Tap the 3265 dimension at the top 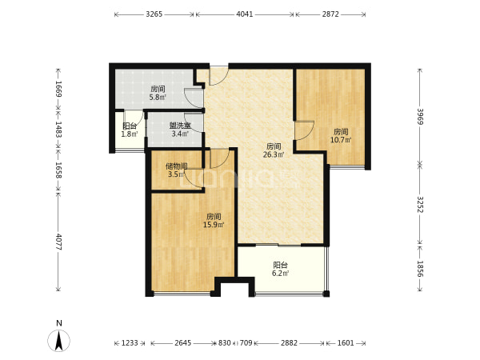coord(154,14)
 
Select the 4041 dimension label coord(245,14)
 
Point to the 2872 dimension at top coord(330,14)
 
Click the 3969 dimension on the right coord(420,116)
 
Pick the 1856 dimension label coord(420,269)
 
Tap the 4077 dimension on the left coord(58,242)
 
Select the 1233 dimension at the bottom coord(130,343)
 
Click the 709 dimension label coord(246,343)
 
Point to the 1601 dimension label coord(346,343)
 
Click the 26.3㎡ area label coord(274,154)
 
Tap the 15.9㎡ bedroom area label coord(214,225)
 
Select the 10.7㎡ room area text coord(341,140)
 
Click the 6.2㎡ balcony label coord(280,273)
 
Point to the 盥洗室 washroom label coord(180,126)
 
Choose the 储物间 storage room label coord(177,166)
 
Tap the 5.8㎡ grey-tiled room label coord(158,98)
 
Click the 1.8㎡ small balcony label coord(130,134)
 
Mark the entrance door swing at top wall coord(218,76)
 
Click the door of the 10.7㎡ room coord(304,131)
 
